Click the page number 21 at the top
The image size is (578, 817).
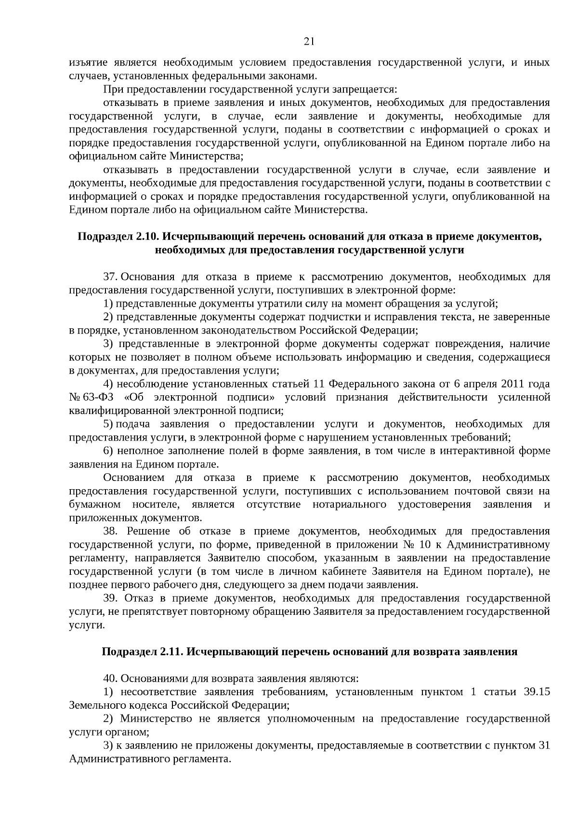click(x=309, y=41)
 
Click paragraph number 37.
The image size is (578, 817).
click(x=110, y=277)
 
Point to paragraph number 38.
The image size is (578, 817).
click(x=110, y=531)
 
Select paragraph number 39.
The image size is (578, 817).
click(x=110, y=598)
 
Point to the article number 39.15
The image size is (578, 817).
click(x=536, y=692)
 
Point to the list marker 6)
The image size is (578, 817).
click(x=108, y=451)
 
